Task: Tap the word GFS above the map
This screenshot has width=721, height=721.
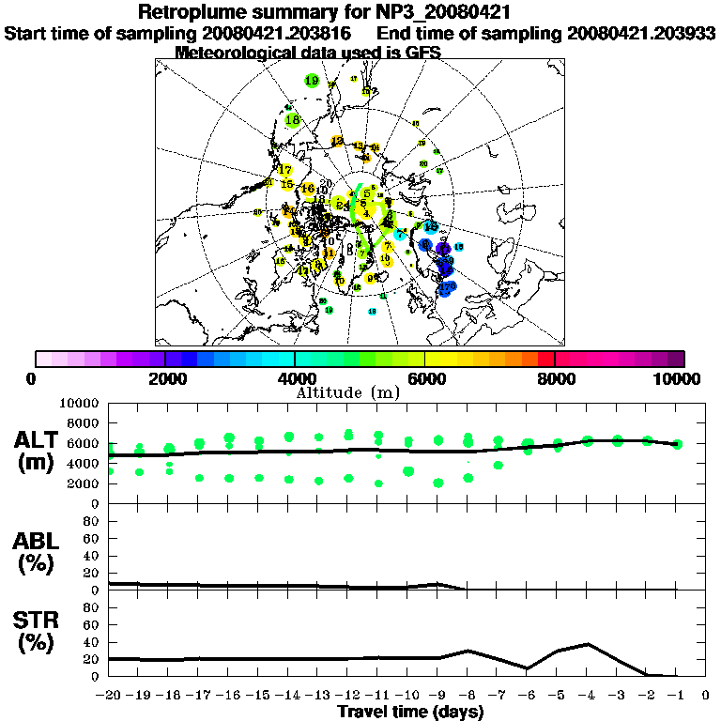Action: point(422,53)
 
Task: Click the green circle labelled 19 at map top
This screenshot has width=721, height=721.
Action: point(313,82)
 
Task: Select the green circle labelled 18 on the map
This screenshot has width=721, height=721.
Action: point(292,120)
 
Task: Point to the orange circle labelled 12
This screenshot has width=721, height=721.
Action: point(338,142)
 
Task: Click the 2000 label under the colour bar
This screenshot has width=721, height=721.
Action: point(165,378)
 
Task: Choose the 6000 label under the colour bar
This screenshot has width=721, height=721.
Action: point(425,378)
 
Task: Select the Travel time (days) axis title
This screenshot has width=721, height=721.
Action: point(409,713)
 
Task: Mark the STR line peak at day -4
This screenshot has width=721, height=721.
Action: point(588,644)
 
